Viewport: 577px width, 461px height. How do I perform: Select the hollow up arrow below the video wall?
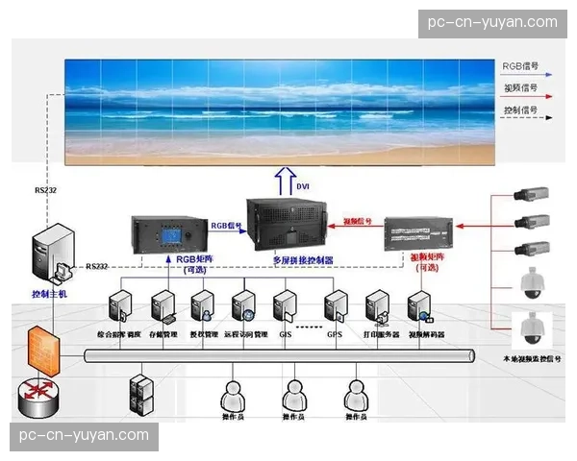285,181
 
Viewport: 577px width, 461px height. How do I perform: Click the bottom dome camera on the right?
530,328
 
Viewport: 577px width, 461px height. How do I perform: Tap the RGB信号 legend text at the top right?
519,67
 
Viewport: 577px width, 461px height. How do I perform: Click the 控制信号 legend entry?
519,110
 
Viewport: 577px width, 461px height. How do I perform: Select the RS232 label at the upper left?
46,191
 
